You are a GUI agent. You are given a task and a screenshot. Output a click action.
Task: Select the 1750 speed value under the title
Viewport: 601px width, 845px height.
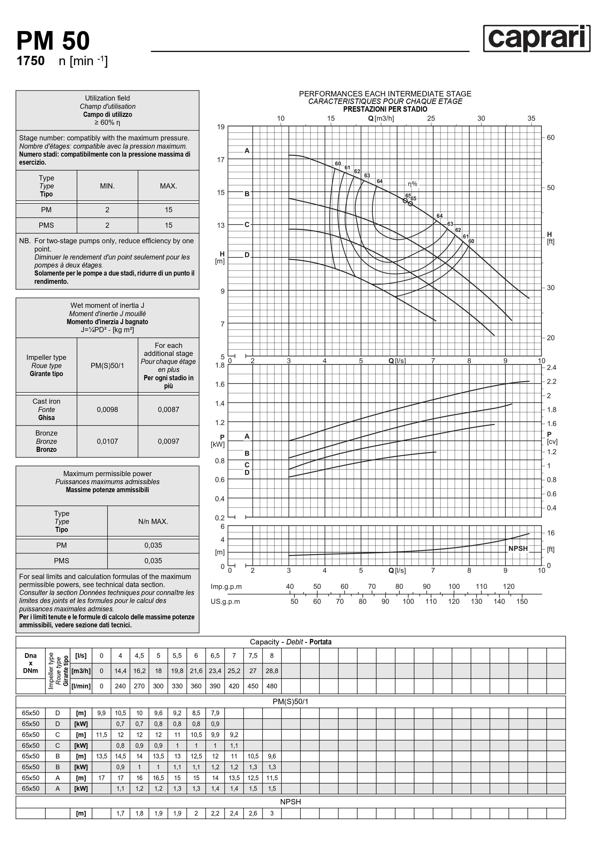(31, 61)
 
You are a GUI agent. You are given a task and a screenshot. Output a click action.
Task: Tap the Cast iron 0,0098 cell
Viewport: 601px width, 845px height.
(107, 409)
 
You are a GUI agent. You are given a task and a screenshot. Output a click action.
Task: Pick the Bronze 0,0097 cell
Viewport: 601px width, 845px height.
(168, 441)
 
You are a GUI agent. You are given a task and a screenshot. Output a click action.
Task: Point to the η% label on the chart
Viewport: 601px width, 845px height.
(412, 184)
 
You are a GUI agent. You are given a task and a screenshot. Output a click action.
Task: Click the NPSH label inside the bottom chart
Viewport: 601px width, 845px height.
(518, 548)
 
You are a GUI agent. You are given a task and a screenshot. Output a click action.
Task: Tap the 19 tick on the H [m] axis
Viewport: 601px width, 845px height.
(221, 127)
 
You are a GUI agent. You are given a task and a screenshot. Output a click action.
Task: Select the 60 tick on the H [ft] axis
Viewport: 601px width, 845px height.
(551, 138)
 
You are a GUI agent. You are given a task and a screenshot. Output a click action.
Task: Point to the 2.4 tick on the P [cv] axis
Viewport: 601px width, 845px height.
(551, 367)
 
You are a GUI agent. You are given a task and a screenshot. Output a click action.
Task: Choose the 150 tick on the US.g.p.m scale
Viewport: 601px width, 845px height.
(522, 601)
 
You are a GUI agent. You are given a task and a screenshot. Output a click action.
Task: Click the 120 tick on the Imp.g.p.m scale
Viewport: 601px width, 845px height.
(508, 587)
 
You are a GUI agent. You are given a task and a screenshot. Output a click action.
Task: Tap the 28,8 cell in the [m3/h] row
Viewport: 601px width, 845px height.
(272, 671)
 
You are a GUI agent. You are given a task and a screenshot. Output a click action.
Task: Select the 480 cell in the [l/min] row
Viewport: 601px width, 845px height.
(272, 686)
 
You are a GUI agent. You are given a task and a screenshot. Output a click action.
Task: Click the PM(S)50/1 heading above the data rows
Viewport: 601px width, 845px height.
(291, 702)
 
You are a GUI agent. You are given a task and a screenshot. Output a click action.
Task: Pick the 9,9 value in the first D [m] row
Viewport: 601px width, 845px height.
(101, 713)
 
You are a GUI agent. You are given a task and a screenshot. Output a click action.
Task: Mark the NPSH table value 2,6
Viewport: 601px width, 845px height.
(253, 813)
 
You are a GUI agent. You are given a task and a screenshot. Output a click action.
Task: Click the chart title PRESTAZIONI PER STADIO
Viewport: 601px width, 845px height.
(385, 109)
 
